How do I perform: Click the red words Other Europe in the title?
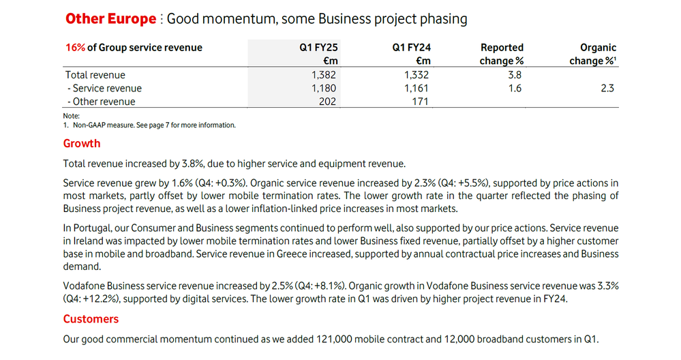pos(110,19)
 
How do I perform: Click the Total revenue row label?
pos(95,75)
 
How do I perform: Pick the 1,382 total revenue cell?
pos(324,75)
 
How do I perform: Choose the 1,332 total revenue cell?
pos(417,75)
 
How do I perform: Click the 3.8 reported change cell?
pos(515,75)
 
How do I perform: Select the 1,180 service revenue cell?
pos(324,88)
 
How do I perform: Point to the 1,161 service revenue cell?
pos(417,88)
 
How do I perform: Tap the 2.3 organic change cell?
pos(608,88)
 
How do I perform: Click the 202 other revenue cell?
pos(327,102)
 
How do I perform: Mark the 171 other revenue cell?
pos(420,102)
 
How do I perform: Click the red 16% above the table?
pos(75,48)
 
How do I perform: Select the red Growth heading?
pos(82,143)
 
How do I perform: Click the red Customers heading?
pos(91,319)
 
